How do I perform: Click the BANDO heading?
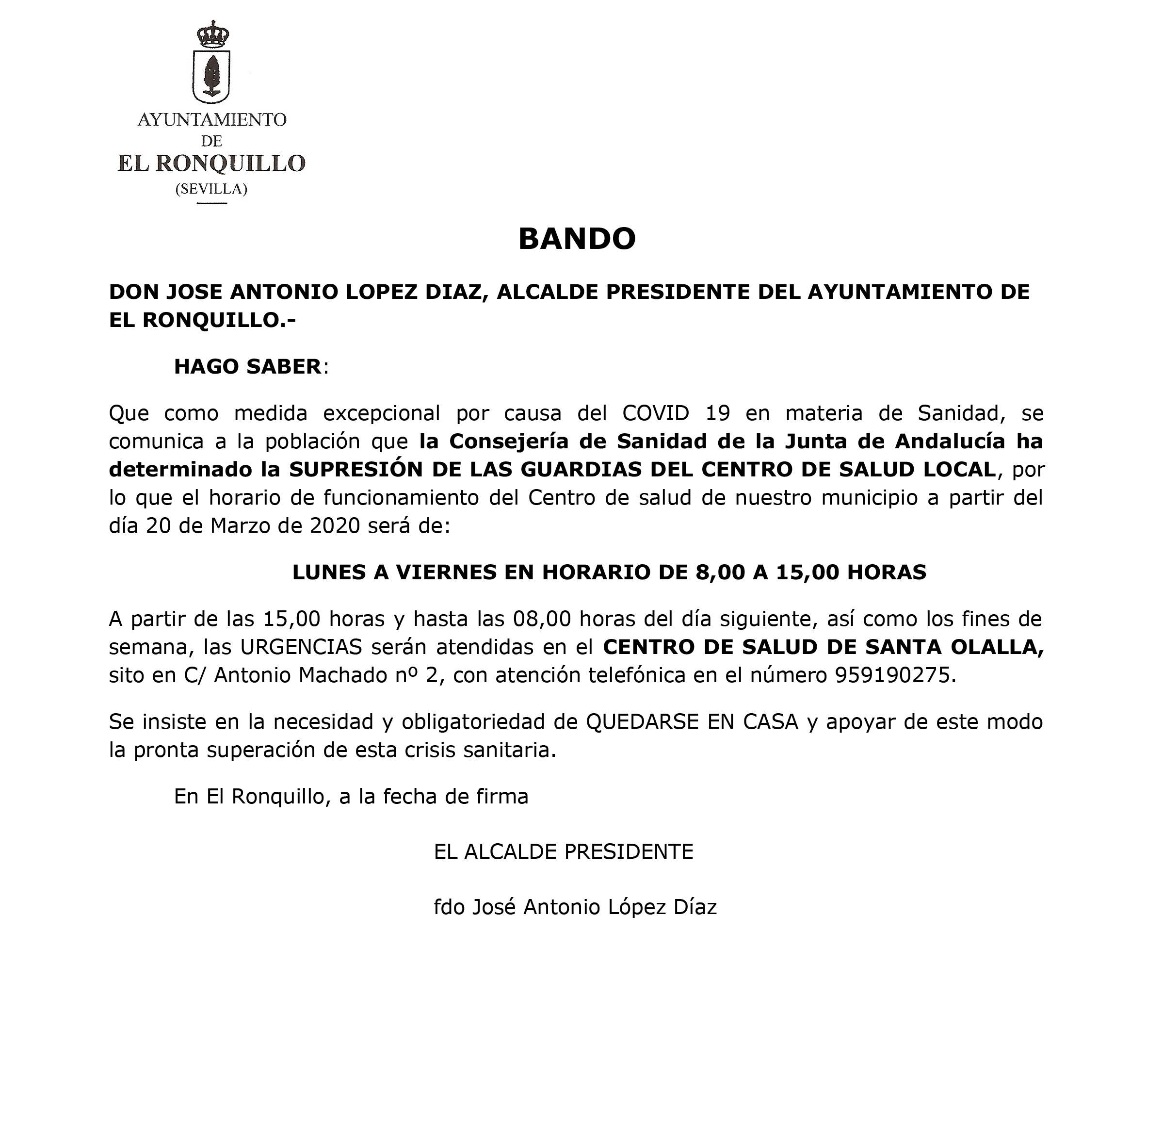tap(577, 239)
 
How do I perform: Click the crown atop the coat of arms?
tap(212, 35)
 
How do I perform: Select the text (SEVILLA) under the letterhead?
tap(211, 189)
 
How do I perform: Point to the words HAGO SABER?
tap(247, 367)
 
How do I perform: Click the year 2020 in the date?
tap(335, 526)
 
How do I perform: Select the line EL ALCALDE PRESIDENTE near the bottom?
tap(563, 852)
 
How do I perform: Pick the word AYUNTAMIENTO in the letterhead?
tap(212, 120)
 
